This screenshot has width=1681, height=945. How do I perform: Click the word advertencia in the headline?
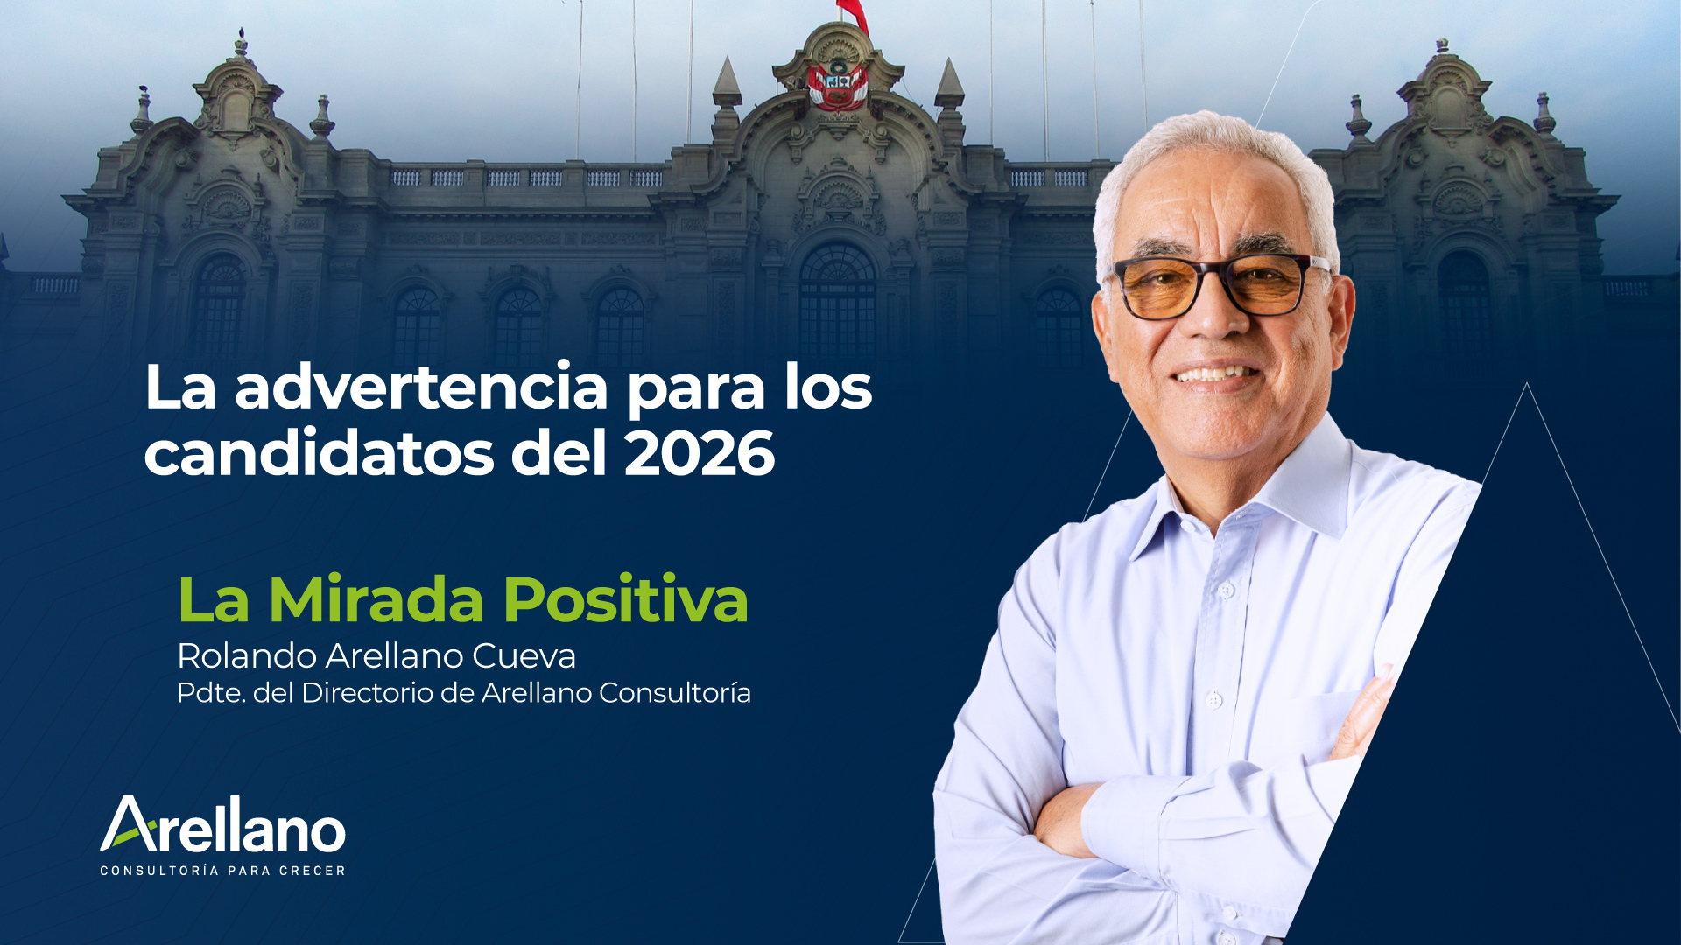[421, 387]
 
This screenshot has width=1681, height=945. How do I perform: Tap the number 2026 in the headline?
[700, 453]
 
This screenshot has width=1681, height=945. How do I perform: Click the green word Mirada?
[376, 600]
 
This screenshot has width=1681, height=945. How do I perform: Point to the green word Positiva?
[625, 600]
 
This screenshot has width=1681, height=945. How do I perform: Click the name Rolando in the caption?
[247, 655]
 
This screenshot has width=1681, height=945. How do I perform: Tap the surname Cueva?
[524, 656]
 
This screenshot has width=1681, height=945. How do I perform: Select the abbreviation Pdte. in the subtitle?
[211, 693]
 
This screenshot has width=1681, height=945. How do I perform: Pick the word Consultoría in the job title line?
[675, 693]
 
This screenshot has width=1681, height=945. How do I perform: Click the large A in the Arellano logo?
[129, 823]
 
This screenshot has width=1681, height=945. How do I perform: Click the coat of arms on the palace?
[838, 85]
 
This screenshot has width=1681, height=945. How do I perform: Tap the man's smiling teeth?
[1215, 374]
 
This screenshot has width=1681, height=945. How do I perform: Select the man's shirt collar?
[1261, 490]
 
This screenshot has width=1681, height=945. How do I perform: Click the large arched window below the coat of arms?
[837, 297]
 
